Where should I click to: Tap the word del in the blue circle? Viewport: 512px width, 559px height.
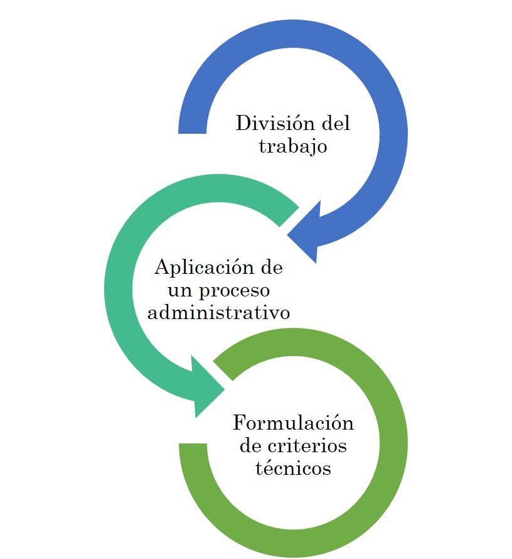coord(334,123)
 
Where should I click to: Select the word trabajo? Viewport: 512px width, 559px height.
coord(293,146)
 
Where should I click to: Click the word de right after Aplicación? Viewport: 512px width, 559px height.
coord(272,267)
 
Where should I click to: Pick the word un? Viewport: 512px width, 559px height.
coord(179,290)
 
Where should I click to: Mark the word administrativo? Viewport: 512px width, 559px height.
coord(218,312)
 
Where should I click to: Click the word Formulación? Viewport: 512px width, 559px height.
coord(293,422)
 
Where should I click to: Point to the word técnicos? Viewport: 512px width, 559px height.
coord(293,469)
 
